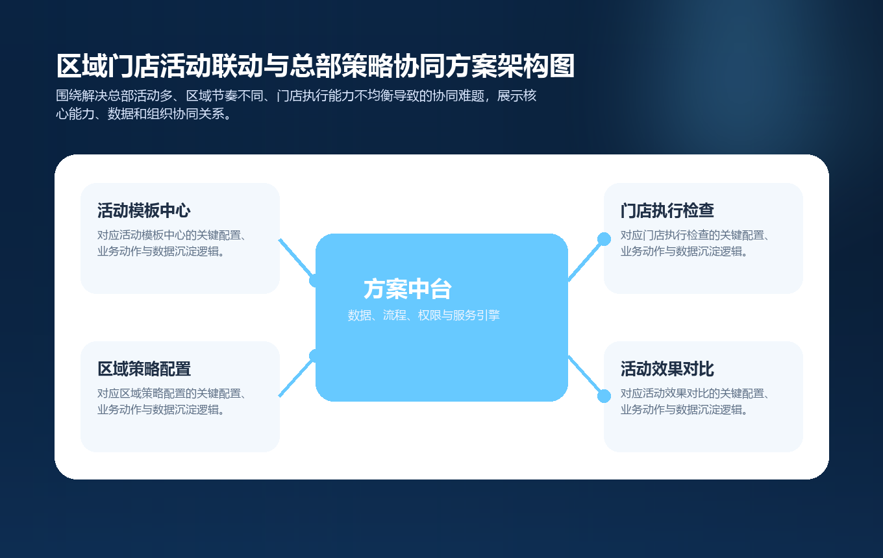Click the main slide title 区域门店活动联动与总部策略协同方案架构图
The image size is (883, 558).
(x=316, y=67)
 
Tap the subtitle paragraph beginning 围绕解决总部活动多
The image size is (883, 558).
(x=296, y=104)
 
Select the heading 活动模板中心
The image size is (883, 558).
(x=143, y=211)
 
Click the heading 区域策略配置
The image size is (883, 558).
(x=143, y=369)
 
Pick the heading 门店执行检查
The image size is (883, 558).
(x=667, y=211)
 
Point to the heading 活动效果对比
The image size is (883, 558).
(x=667, y=369)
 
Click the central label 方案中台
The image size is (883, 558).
(x=407, y=289)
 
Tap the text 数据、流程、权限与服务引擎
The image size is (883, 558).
(x=423, y=316)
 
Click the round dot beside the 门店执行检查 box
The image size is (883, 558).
(x=604, y=239)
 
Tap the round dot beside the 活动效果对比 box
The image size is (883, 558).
(x=604, y=396)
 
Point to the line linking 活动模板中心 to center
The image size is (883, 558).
(x=295, y=258)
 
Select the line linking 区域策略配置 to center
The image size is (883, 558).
(x=295, y=377)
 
